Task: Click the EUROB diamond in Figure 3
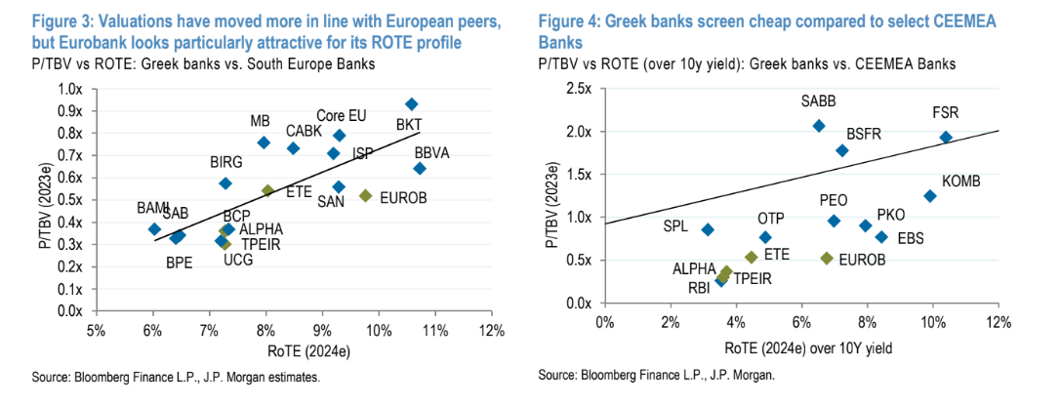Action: point(366,195)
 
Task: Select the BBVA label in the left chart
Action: point(431,153)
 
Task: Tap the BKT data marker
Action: point(411,103)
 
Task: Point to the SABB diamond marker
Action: point(818,125)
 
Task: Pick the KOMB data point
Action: point(929,196)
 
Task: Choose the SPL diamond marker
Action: point(708,229)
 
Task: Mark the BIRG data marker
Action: point(225,183)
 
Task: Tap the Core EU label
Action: point(342,116)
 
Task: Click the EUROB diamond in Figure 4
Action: point(827,259)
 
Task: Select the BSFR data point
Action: point(841,150)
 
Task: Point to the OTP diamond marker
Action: point(765,237)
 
